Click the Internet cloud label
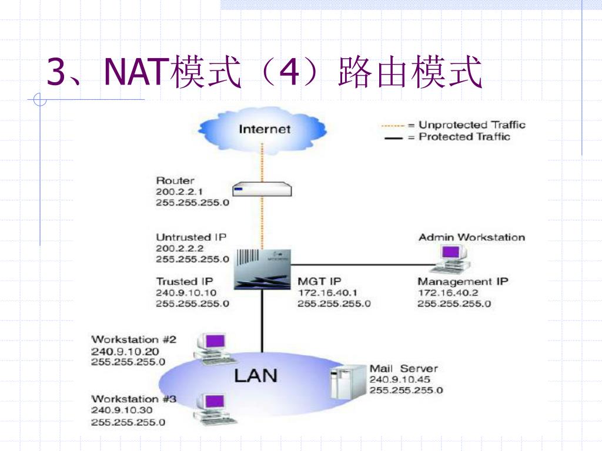point(265,129)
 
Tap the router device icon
point(262,189)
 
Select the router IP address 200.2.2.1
point(179,191)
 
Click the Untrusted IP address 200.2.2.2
point(180,248)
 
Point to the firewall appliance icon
point(263,269)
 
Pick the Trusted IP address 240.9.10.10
point(186,292)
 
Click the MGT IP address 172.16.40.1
point(327,292)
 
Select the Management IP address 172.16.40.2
point(447,292)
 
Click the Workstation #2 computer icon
point(214,349)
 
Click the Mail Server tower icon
point(348,382)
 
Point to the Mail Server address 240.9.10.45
point(400,379)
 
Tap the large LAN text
point(256,375)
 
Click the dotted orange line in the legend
point(393,126)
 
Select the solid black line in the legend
point(393,137)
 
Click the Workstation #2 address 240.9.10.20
point(125,351)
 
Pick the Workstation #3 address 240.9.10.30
point(122,410)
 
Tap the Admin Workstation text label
point(471,237)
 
